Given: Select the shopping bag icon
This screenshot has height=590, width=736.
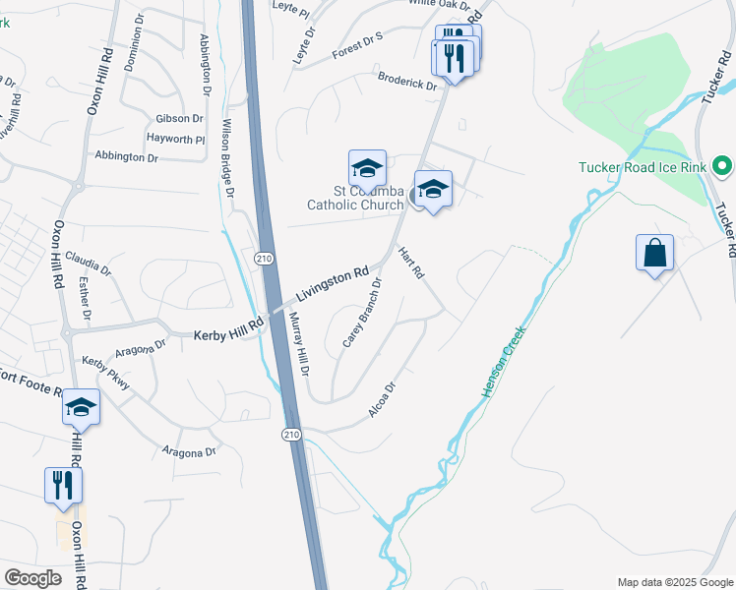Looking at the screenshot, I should (x=654, y=254).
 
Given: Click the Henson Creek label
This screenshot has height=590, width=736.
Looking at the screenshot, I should (x=504, y=362).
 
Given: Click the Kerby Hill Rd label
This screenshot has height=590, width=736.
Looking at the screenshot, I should (x=229, y=331).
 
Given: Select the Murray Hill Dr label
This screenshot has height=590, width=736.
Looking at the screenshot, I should (x=299, y=345).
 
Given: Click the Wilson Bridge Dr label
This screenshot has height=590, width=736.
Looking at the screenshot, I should (x=227, y=153).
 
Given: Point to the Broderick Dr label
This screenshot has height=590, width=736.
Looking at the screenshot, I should (x=406, y=81).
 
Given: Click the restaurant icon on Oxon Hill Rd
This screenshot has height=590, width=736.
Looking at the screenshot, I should (x=63, y=484).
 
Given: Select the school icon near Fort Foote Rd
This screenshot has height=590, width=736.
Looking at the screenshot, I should (x=81, y=406).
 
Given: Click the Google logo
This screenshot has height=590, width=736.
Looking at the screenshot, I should (x=32, y=578).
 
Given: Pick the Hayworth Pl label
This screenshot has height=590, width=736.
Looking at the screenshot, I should (x=175, y=140).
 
